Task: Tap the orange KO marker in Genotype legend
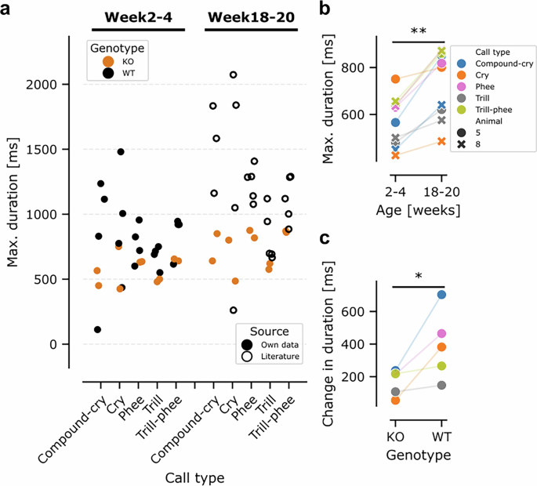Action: tap(107, 63)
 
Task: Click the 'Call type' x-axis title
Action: tap(194, 477)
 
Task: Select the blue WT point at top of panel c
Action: tap(441, 295)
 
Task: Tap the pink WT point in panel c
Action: tap(441, 334)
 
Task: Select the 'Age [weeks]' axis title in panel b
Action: tap(417, 210)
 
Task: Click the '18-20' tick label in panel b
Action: tap(441, 191)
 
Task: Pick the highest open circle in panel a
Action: tap(233, 74)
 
